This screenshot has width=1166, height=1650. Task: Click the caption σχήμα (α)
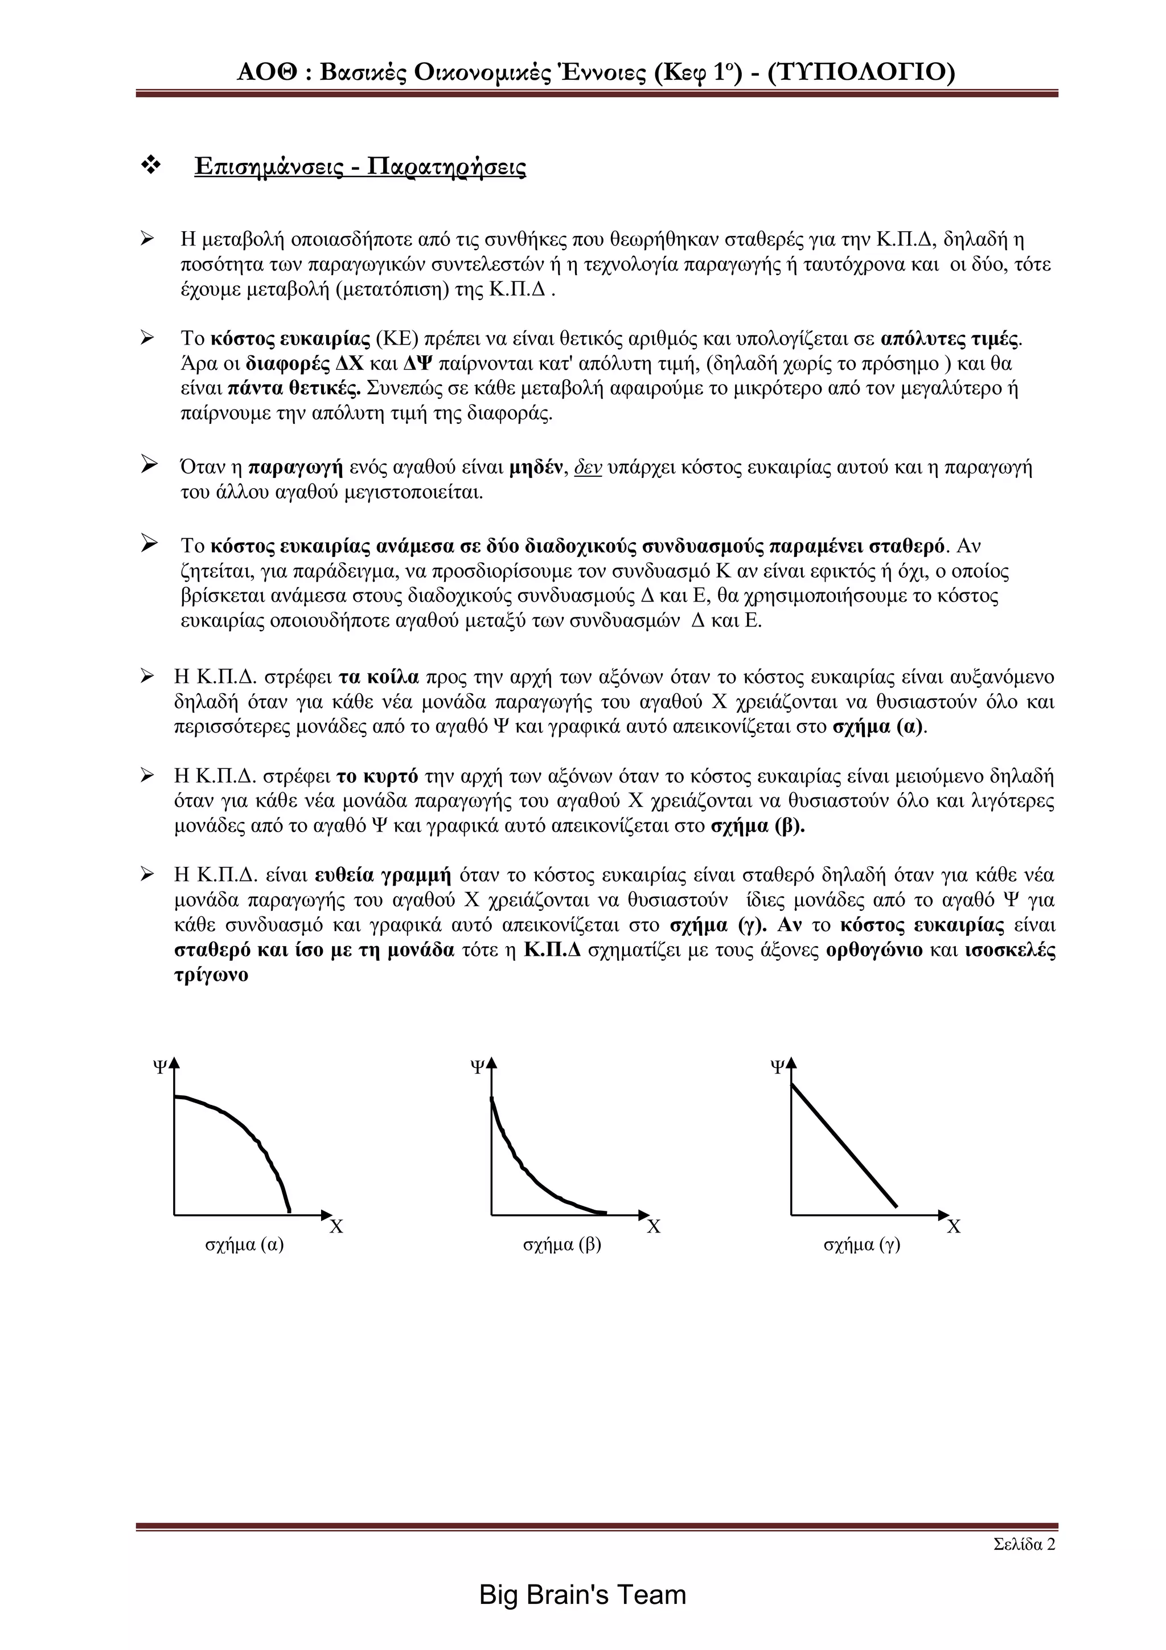[x=244, y=1244]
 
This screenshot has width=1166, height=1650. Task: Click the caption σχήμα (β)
[x=562, y=1244]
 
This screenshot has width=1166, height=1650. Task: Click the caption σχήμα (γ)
[x=861, y=1244]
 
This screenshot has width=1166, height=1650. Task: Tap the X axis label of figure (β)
[x=653, y=1227]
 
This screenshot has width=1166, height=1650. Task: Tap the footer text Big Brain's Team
[x=582, y=1595]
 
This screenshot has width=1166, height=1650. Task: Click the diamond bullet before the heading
[x=151, y=165]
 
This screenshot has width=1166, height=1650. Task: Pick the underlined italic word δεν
[x=588, y=468]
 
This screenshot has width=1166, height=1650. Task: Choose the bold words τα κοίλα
[x=379, y=677]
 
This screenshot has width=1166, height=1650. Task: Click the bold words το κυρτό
[x=377, y=776]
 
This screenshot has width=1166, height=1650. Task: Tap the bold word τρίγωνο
[x=211, y=975]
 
